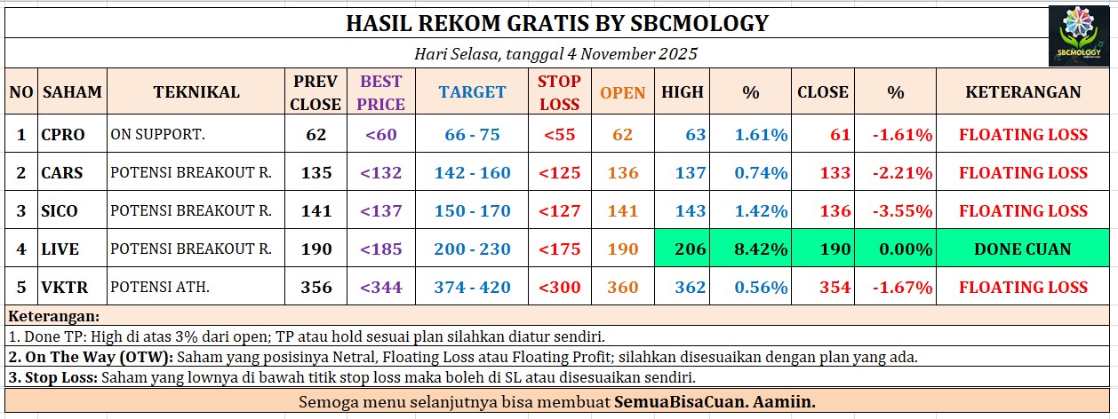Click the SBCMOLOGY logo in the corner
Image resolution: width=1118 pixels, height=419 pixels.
pyautogui.click(x=1079, y=36)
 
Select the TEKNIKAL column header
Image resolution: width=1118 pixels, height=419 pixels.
pyautogui.click(x=196, y=91)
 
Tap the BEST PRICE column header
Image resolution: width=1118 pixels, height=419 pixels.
pyautogui.click(x=381, y=92)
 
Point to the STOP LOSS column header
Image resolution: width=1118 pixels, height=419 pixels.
pyautogui.click(x=559, y=92)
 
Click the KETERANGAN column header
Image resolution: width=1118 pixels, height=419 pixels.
pyautogui.click(x=1023, y=91)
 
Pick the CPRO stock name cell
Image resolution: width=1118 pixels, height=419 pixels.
pyautogui.click(x=63, y=134)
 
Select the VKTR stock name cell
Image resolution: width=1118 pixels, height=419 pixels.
pyautogui.click(x=64, y=287)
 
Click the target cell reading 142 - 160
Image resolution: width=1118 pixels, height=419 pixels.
pyautogui.click(x=472, y=172)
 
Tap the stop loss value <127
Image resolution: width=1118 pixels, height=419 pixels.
pyautogui.click(x=560, y=210)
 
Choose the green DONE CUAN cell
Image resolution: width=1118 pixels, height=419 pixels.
pyautogui.click(x=1023, y=249)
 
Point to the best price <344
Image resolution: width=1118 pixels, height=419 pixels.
pyautogui.click(x=381, y=287)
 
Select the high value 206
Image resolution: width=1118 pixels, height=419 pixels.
pyautogui.click(x=691, y=249)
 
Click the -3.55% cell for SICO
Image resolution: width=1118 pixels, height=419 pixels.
pyautogui.click(x=902, y=210)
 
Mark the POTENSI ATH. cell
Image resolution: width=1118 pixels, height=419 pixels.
pyautogui.click(x=160, y=287)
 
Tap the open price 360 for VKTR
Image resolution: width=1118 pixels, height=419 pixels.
pyautogui.click(x=623, y=287)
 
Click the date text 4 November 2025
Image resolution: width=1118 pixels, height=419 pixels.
pyautogui.click(x=632, y=54)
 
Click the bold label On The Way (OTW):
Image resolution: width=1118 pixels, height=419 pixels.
pyautogui.click(x=91, y=357)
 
